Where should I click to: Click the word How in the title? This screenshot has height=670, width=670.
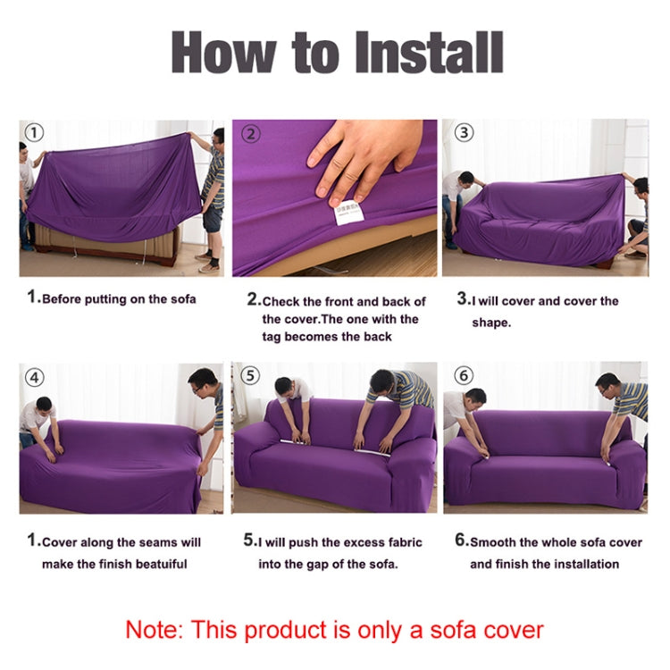[223, 54]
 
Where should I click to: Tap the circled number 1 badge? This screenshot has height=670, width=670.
[33, 133]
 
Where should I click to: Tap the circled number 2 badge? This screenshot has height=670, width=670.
[251, 134]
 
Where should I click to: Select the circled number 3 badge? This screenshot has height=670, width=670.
[464, 133]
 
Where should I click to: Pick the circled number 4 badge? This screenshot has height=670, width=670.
[34, 377]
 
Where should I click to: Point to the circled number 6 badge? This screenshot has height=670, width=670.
[463, 375]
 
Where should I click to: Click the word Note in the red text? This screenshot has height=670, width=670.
[154, 629]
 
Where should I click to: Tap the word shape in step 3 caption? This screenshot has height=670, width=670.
[491, 322]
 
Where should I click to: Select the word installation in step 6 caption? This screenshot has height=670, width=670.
[582, 564]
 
